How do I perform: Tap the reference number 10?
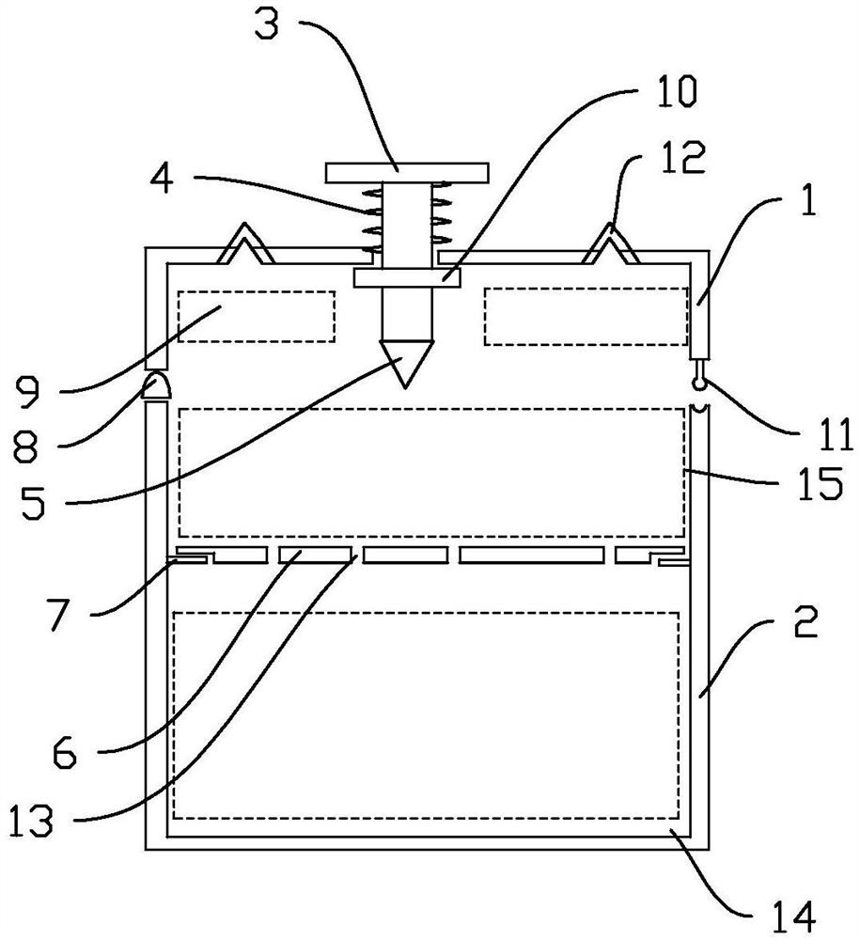tap(677, 92)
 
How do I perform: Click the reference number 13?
tap(31, 820)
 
